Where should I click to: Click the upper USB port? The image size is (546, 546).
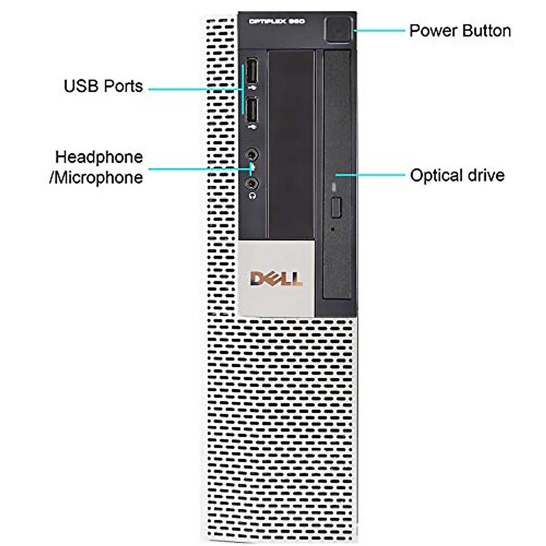pos(252,71)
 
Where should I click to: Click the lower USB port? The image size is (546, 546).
pos(252,111)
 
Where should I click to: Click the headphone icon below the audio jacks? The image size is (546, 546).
pos(253,196)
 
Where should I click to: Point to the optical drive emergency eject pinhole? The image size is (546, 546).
pos(334,229)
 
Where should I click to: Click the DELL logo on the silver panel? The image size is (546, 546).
pos(276,278)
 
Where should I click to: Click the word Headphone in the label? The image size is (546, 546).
pos(99,157)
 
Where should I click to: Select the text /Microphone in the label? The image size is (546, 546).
pos(96,177)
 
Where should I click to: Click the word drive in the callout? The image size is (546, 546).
pos(486,176)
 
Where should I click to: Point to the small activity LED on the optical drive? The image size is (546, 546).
pos(335,187)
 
